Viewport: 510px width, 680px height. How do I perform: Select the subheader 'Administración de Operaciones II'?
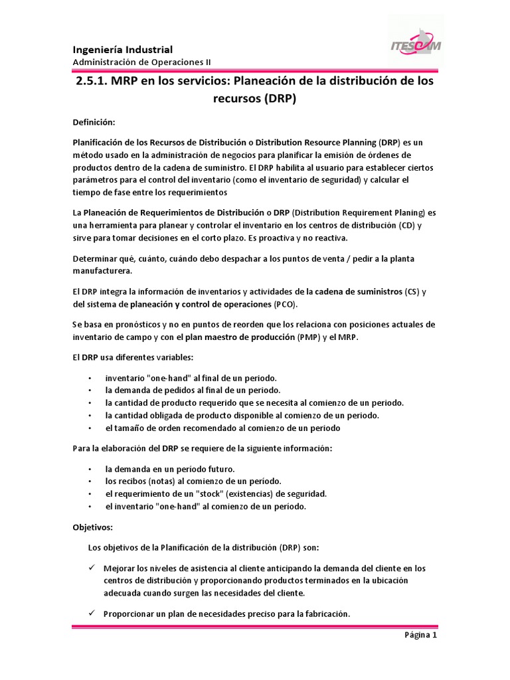(141, 62)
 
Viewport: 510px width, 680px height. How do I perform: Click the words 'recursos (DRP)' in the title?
(254, 100)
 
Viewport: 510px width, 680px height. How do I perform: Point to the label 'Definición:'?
(94, 122)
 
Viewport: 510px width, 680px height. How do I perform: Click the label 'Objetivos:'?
(93, 527)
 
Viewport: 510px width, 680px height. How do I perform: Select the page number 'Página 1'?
(421, 634)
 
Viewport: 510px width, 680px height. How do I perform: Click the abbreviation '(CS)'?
(412, 292)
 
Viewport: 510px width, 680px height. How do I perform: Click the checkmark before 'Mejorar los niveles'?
(93, 568)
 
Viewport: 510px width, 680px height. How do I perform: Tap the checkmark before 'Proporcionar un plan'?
(93, 614)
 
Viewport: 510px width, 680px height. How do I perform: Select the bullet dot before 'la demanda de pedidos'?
(90, 390)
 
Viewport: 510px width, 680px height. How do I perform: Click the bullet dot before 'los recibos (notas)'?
(90, 481)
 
